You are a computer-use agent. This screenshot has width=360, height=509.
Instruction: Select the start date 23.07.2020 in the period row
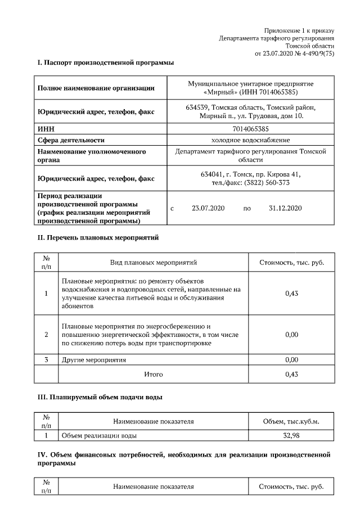[208, 209]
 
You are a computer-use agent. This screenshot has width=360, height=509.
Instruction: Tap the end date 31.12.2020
[286, 209]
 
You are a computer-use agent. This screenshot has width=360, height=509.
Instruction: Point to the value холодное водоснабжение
[250, 140]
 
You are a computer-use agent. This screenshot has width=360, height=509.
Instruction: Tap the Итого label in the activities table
[154, 374]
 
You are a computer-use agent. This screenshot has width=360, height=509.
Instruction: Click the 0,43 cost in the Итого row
[291, 374]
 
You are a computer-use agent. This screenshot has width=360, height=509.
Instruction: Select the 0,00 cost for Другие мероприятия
[291, 359]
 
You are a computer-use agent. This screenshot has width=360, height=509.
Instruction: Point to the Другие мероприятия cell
[94, 359]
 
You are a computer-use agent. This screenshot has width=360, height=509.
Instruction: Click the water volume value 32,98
[291, 435]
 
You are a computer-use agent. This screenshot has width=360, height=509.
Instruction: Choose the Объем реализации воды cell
[98, 435]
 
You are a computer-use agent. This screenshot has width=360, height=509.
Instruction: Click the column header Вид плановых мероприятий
[154, 263]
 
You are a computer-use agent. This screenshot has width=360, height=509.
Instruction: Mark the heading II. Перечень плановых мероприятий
[98, 237]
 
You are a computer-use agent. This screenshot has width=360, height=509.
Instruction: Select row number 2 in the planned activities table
[46, 335]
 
